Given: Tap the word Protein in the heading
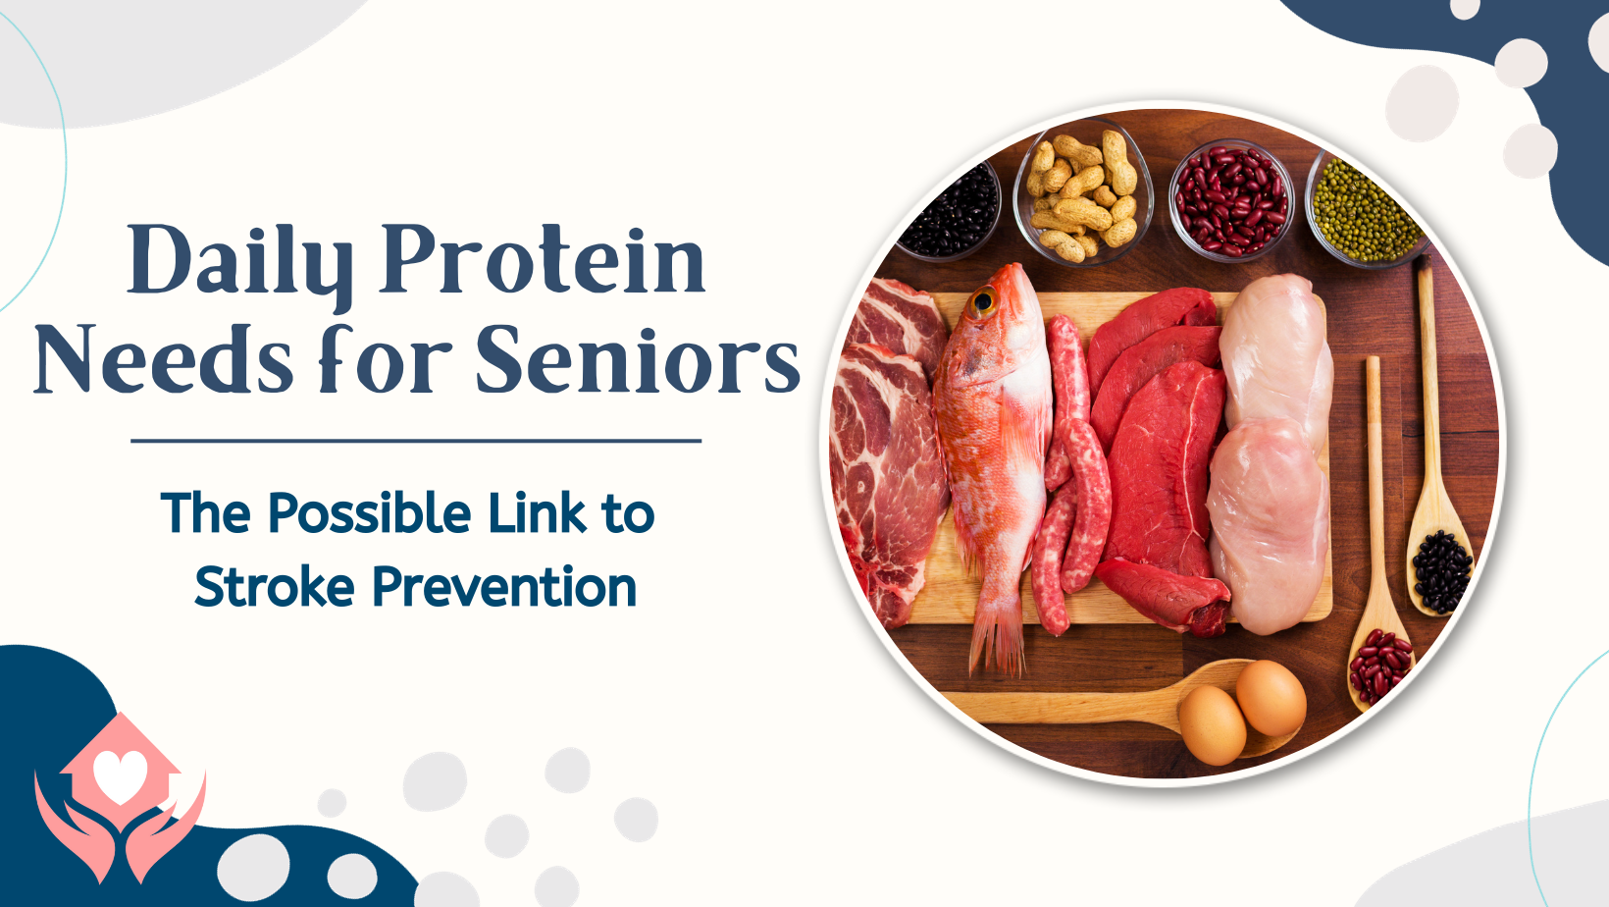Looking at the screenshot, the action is pyautogui.click(x=543, y=259).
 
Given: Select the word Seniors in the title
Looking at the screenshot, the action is pyautogui.click(x=638, y=358).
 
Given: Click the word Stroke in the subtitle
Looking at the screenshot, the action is pyautogui.click(x=275, y=586).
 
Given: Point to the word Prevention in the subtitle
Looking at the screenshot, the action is pyautogui.click(x=504, y=586).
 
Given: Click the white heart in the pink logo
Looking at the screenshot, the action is pyautogui.click(x=121, y=776).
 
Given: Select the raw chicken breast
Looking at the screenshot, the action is pyautogui.click(x=1272, y=453).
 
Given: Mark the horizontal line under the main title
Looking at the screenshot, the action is pyautogui.click(x=416, y=441).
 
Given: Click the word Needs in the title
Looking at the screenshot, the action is pyautogui.click(x=163, y=358).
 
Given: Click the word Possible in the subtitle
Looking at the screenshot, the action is pyautogui.click(x=370, y=512).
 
